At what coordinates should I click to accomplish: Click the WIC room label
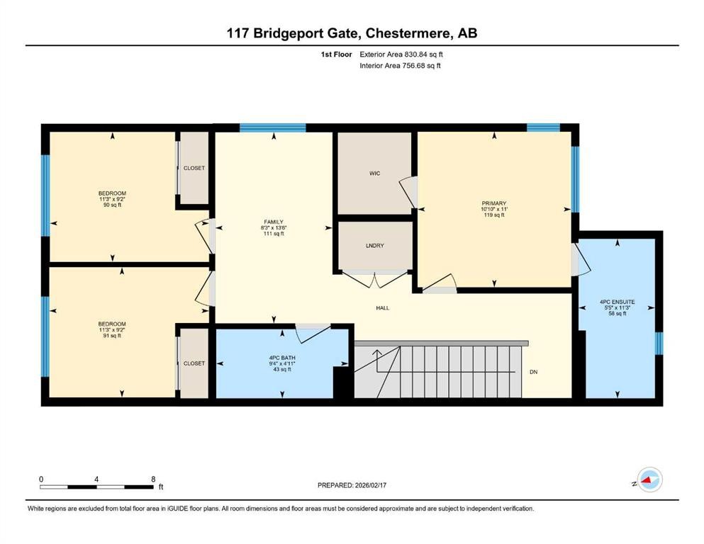(375, 174)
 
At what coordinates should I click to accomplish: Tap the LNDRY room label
(374, 246)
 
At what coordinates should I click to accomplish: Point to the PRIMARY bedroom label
(493, 203)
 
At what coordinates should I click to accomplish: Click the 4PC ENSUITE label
(617, 302)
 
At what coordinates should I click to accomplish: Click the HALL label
(383, 308)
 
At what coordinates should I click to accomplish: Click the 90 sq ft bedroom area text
(112, 206)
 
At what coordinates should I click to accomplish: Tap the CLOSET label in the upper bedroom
(194, 169)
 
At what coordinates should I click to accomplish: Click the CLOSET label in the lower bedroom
(194, 363)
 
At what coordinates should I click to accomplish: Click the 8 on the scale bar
(153, 479)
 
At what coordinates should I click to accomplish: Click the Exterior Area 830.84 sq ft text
(402, 54)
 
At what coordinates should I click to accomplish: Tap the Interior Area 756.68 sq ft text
(401, 66)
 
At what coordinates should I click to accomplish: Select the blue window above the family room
(272, 128)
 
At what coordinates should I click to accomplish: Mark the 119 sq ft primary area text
(493, 215)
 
